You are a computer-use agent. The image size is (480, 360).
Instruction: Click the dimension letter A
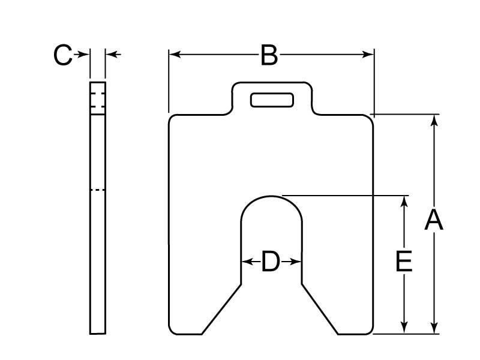(x=433, y=220)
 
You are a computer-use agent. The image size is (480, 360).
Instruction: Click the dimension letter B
(x=269, y=55)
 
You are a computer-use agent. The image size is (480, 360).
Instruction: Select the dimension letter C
(x=62, y=55)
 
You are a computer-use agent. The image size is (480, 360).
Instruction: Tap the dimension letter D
(x=271, y=262)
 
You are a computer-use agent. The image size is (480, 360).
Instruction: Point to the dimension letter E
(x=404, y=262)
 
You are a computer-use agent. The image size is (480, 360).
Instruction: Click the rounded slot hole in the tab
(x=272, y=100)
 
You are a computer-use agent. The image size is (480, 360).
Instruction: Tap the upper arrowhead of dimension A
(x=434, y=120)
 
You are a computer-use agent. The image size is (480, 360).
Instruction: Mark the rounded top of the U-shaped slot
(x=272, y=197)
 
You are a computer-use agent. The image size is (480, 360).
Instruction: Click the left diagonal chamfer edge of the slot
(x=222, y=309)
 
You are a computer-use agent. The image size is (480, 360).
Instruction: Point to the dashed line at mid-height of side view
(x=98, y=190)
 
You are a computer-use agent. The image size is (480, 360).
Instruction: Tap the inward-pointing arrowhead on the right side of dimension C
(x=112, y=55)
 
